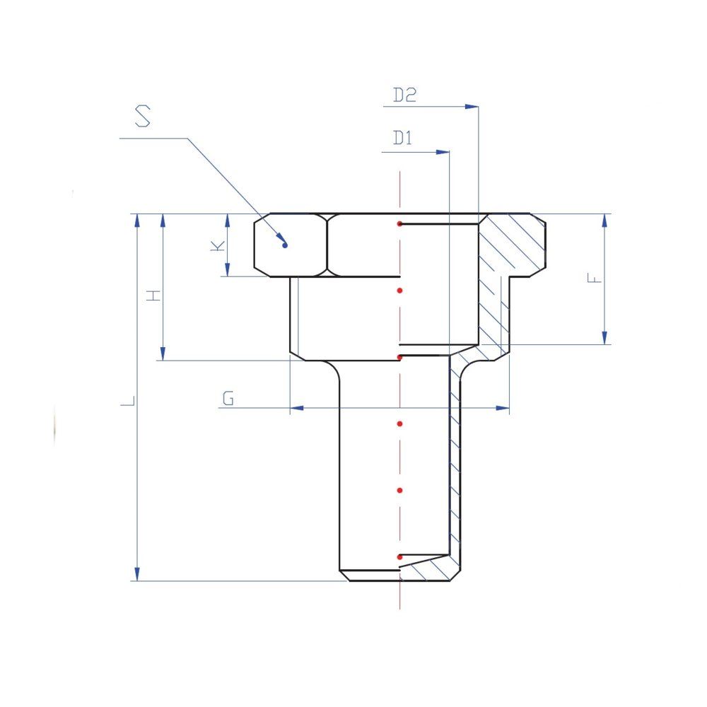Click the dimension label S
click(143, 116)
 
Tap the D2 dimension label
click(404, 95)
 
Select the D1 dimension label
click(403, 138)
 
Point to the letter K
click(218, 246)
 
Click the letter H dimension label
click(153, 296)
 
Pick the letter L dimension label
click(127, 401)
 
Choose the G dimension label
click(228, 399)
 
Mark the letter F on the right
click(595, 278)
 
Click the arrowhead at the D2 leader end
click(472, 107)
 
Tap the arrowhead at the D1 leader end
click(443, 153)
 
